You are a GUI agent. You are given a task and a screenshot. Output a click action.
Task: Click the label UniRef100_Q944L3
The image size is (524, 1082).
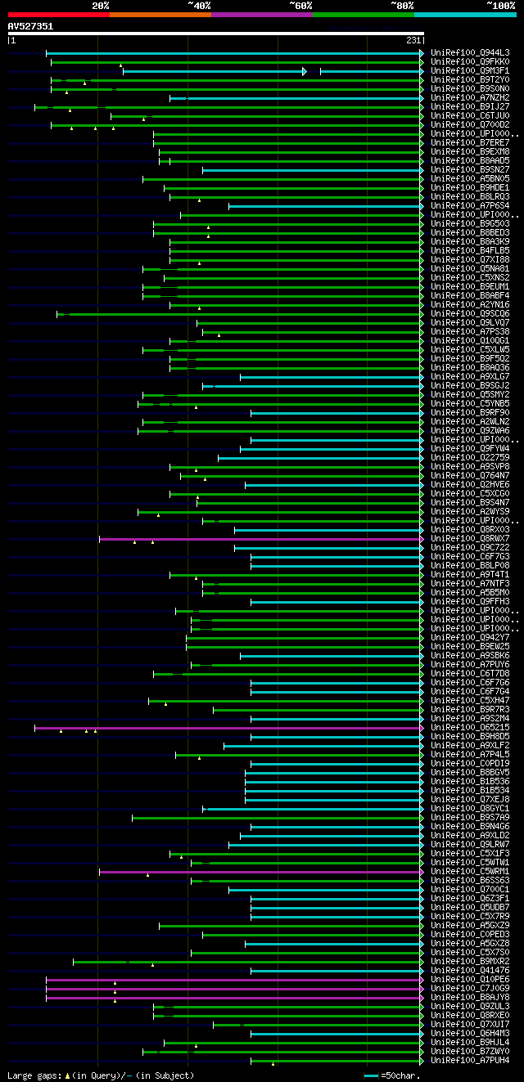[470, 52]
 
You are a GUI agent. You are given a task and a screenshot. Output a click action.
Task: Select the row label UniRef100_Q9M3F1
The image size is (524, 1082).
[470, 70]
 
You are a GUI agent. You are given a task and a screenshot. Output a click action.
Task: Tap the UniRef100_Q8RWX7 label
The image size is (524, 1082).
[470, 538]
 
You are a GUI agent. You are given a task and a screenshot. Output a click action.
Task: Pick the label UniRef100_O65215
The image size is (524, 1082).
[470, 727]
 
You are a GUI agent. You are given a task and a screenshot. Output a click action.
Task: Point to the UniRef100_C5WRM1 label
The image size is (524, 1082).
[470, 871]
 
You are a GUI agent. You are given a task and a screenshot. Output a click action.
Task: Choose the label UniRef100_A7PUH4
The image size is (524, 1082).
[470, 1060]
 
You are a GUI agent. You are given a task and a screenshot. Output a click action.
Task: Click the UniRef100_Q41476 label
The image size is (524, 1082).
[470, 970]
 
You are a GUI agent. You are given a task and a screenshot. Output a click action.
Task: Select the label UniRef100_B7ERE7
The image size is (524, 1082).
[470, 142]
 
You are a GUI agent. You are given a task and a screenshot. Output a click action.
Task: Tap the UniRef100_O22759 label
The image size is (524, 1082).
[470, 457]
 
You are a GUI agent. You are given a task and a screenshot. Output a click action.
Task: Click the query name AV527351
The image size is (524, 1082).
[30, 26]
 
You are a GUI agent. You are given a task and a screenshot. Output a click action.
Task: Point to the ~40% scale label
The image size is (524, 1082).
[199, 6]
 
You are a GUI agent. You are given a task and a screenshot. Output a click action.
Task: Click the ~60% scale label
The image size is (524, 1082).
[300, 6]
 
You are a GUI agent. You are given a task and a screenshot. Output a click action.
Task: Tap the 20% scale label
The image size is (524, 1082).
[101, 6]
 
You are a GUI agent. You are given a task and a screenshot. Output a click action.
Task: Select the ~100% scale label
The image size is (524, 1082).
[500, 6]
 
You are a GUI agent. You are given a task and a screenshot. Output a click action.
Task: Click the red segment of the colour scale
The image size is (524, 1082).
[58, 15]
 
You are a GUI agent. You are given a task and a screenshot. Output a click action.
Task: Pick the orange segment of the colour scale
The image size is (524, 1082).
[160, 15]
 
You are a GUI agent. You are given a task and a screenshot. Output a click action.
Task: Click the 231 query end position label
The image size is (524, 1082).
[413, 40]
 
